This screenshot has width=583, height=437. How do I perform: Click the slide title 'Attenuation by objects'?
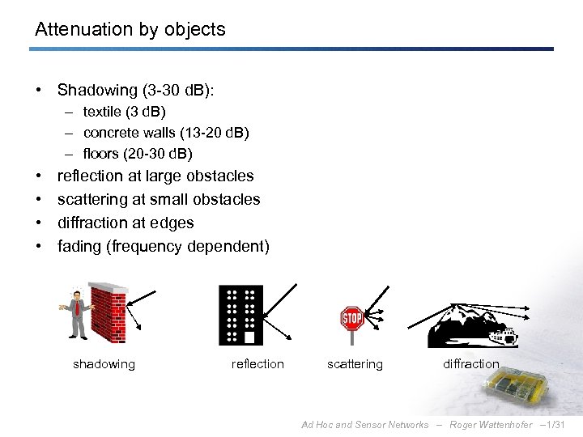coord(130,30)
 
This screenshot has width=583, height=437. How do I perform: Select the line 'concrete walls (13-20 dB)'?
coord(166,133)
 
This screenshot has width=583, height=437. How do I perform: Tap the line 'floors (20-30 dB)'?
coord(138,154)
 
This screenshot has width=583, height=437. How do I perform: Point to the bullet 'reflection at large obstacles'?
coord(155,176)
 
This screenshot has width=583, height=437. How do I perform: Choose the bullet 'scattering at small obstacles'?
coord(159,199)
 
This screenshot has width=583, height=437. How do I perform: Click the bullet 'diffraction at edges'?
coord(126,223)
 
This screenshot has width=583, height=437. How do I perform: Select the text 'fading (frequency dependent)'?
coord(163,246)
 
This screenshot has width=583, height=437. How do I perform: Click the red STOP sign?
coord(351,318)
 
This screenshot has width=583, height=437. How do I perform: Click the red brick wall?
coord(109,312)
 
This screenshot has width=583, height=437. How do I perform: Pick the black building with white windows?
coord(240,315)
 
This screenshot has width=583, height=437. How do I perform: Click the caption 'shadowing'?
coord(104,364)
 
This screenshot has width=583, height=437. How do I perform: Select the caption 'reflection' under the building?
coord(257,364)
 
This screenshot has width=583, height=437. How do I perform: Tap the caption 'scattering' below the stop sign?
coord(355,364)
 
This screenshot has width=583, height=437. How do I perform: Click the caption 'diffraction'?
coord(470,364)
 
